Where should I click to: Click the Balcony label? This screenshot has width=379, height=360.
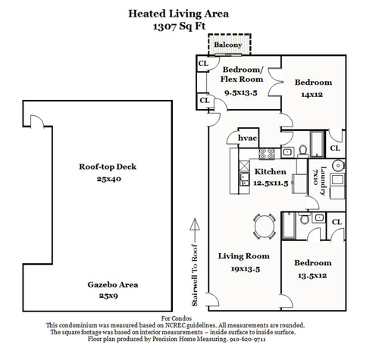pos(228,45)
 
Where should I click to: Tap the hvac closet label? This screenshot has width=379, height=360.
pos(247,138)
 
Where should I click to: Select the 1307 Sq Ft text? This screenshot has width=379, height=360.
pos(179,27)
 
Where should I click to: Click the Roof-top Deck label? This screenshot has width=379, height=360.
pos(108,167)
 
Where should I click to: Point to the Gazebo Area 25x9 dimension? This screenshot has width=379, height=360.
pos(108,296)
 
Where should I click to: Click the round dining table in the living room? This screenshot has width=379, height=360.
pos(265,227)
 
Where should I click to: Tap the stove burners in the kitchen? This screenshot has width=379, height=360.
pos(267,154)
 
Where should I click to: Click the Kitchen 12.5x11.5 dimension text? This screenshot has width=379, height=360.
pos(271,183)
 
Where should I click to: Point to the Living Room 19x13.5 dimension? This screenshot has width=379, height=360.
pos(246,268)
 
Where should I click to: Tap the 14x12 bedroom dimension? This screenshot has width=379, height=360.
pos(312,95)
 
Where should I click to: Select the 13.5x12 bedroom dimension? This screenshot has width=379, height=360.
pos(312,275)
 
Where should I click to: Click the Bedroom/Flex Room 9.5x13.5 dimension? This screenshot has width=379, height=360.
pos(241,92)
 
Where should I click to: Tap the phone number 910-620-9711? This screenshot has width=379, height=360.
pos(247,340)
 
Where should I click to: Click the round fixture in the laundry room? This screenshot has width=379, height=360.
pos(338,166)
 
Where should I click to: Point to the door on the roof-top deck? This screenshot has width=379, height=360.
pos(37,121)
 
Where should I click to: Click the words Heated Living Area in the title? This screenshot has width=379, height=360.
pos(179,14)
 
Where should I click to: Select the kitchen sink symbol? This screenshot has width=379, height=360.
pos(244,179)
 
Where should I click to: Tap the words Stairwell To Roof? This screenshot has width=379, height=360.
pos(195,275)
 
